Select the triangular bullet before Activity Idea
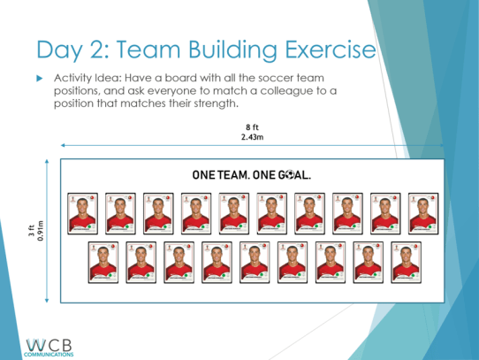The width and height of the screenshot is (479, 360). [39, 79]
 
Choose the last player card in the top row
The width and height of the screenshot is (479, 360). [422, 212]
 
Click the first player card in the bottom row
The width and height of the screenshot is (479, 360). [103, 261]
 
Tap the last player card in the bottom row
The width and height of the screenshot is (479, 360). [407, 261]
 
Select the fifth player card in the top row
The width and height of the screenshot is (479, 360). [233, 212]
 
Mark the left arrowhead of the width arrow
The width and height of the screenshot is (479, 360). [64, 145]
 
